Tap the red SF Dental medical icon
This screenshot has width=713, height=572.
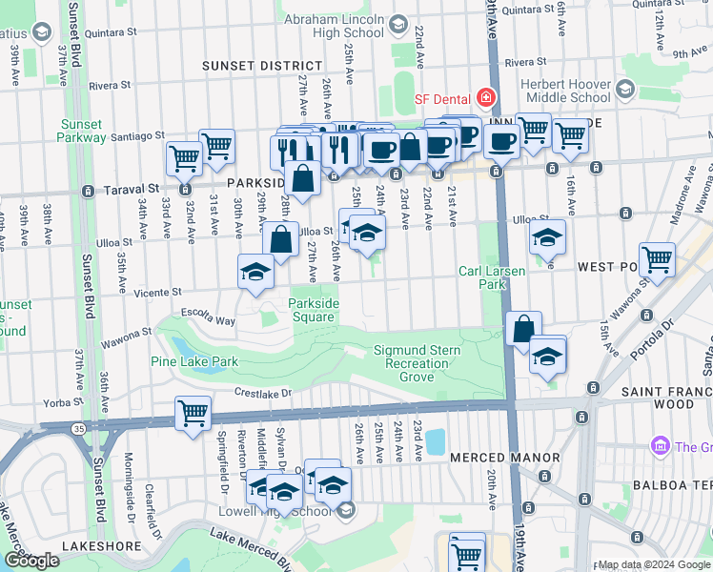(x=486, y=98)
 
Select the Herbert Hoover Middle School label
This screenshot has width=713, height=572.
(x=565, y=91)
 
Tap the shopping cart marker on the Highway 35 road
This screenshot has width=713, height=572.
(x=193, y=415)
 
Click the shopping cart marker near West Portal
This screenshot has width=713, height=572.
(x=657, y=259)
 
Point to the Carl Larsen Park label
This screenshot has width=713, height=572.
(x=491, y=277)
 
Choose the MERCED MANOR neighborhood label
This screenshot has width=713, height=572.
(x=504, y=458)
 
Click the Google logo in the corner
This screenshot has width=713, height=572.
(x=31, y=561)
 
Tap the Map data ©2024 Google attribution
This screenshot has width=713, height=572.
(x=653, y=565)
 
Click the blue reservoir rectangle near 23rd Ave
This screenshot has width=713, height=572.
(x=435, y=441)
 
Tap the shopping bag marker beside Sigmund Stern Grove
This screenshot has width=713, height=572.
(x=523, y=329)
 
